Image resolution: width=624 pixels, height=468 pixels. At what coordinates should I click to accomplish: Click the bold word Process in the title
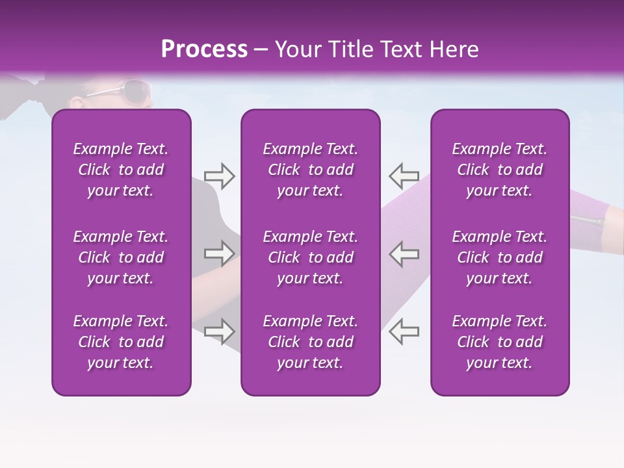[204, 49]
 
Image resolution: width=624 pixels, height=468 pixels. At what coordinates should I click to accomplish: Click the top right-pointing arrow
[219, 176]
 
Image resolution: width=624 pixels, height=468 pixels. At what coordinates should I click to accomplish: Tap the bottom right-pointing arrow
[219, 331]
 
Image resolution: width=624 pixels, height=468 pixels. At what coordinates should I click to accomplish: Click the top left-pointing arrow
[404, 175]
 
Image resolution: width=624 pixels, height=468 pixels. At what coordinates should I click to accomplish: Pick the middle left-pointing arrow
[404, 253]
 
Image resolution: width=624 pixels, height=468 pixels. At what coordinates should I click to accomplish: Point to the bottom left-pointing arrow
[404, 331]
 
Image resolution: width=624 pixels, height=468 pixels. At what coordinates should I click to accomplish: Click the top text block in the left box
[121, 170]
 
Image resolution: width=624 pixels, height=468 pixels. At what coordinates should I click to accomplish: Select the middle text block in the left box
[121, 257]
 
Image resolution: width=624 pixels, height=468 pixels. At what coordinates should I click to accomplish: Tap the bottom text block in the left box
[121, 342]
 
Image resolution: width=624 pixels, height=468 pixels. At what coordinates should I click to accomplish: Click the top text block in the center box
[311, 170]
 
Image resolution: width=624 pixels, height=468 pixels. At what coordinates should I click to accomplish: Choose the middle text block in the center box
[311, 257]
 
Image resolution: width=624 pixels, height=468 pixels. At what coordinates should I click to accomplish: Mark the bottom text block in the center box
[311, 342]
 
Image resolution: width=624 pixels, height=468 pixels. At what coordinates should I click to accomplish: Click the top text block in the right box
[500, 170]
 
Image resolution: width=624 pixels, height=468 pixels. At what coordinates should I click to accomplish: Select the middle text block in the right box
[500, 257]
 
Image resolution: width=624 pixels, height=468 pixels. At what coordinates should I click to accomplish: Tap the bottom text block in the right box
[500, 342]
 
